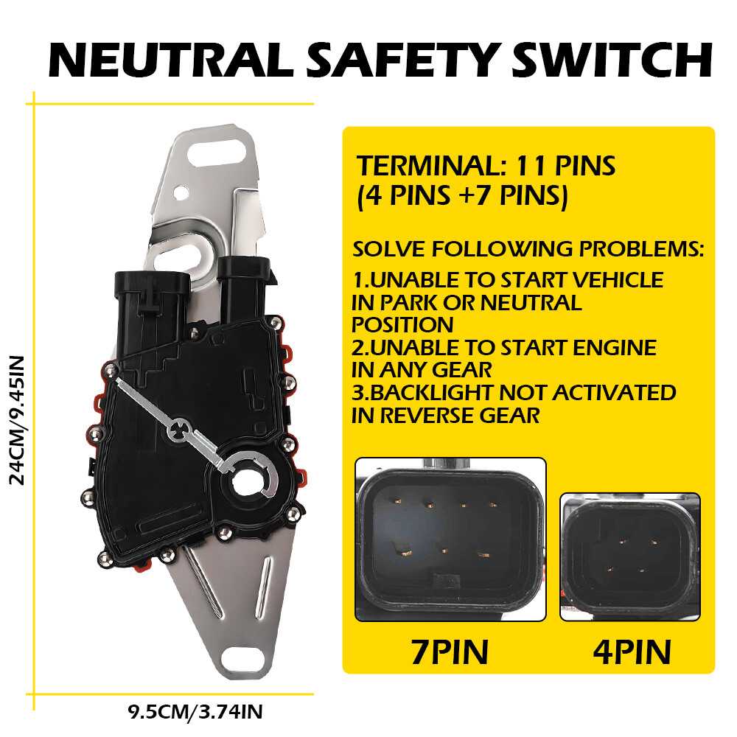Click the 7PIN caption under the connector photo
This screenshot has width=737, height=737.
tap(450, 652)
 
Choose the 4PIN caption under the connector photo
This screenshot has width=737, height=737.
tap(632, 652)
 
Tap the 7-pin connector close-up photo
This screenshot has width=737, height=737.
tap(450, 539)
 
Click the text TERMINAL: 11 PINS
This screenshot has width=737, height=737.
tap(485, 166)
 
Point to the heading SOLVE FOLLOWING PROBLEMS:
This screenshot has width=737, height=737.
tap(528, 248)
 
